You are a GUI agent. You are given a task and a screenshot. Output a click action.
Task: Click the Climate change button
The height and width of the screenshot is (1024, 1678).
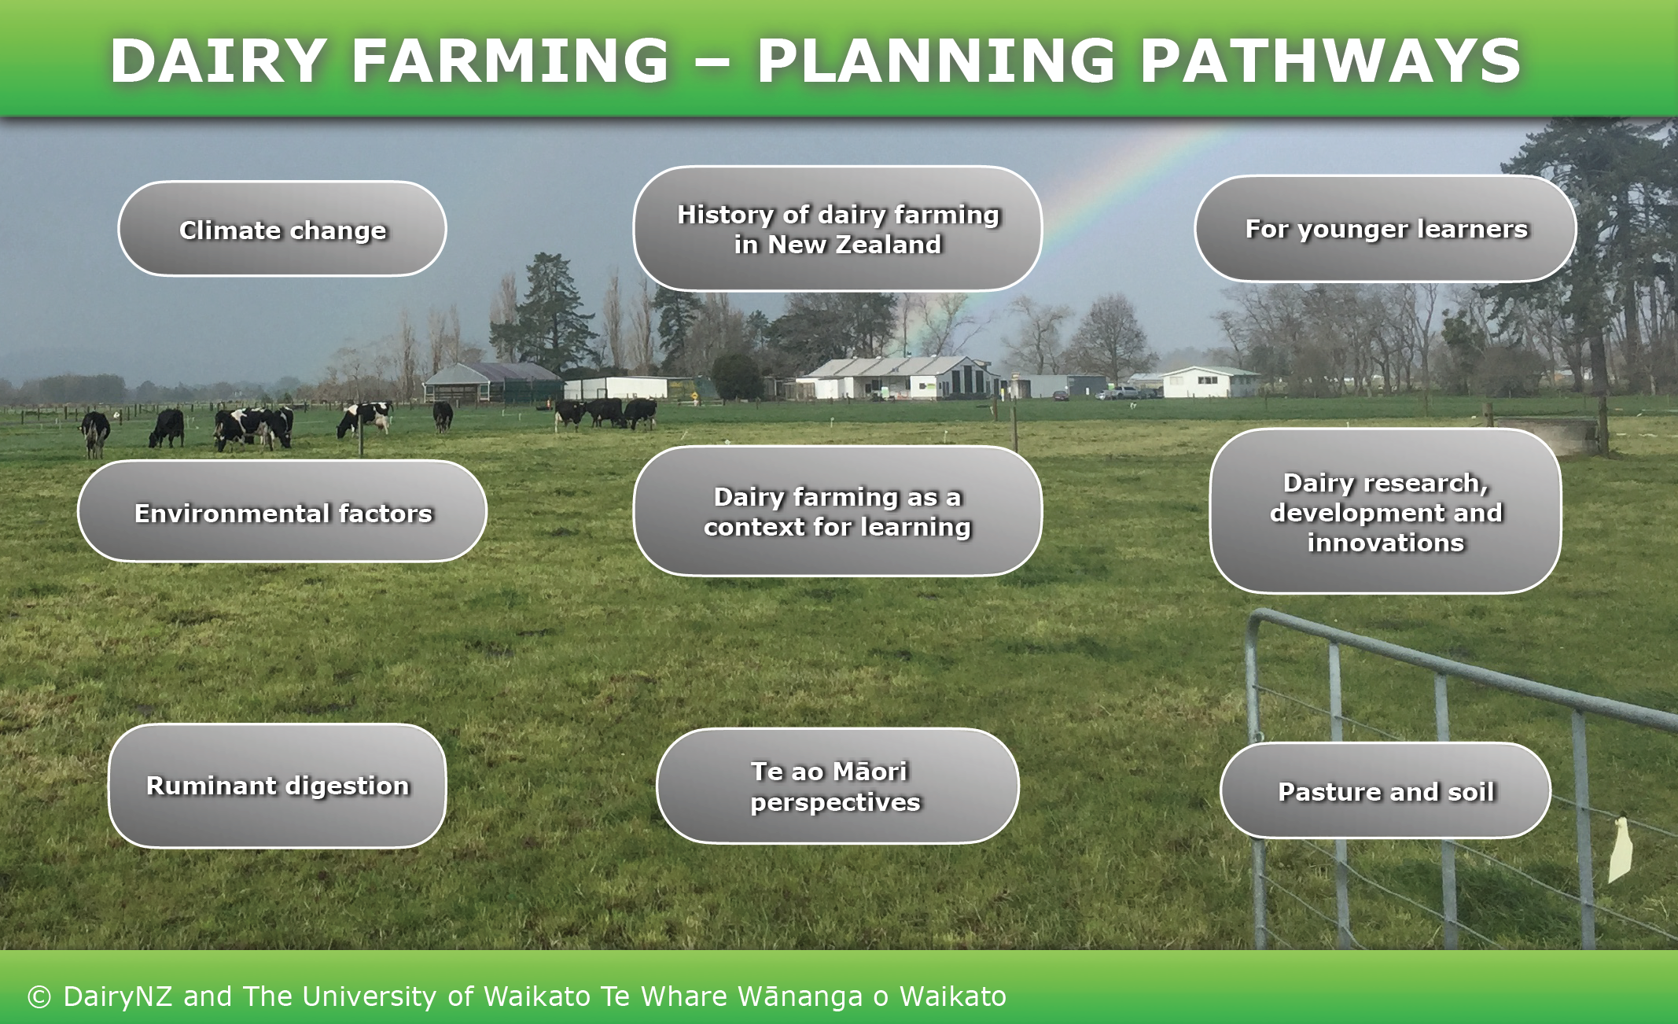pyautogui.click(x=282, y=229)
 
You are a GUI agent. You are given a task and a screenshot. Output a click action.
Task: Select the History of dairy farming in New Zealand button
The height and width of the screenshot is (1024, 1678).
pyautogui.click(x=837, y=228)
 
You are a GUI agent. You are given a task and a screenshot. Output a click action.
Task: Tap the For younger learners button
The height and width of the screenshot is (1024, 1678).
pyautogui.click(x=1385, y=228)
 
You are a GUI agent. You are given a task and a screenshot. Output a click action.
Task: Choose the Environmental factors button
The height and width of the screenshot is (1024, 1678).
pyautogui.click(x=282, y=511)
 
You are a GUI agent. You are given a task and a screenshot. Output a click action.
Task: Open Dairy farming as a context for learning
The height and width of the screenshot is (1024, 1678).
pyautogui.click(x=837, y=511)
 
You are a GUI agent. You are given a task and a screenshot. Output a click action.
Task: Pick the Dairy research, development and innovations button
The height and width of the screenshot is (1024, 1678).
pyautogui.click(x=1385, y=511)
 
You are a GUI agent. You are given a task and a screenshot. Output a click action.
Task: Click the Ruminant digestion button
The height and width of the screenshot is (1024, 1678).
pyautogui.click(x=278, y=786)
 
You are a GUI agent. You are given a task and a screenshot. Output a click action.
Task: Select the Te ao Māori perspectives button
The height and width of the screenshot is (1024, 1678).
pyautogui.click(x=837, y=786)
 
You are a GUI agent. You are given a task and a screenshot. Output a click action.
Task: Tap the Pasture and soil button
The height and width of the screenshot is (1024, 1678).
pyautogui.click(x=1385, y=790)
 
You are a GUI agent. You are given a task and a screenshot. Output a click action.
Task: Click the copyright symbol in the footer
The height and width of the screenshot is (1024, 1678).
pyautogui.click(x=39, y=997)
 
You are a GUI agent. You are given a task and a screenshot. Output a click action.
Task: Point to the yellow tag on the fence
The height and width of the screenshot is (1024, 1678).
pyautogui.click(x=1621, y=849)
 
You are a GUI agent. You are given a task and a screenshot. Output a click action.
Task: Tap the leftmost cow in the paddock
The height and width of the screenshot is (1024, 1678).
pyautogui.click(x=95, y=433)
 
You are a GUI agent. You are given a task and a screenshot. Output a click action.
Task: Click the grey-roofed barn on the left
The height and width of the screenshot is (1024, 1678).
pyautogui.click(x=494, y=382)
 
